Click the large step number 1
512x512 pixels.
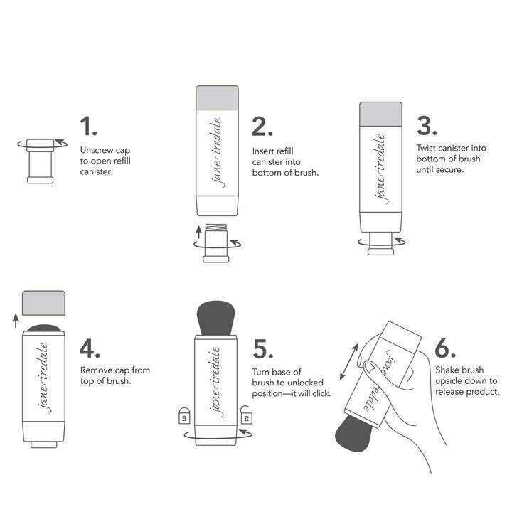[88, 127]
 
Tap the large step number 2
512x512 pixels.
[262, 127]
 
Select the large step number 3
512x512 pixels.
[426, 126]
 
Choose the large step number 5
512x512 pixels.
[264, 348]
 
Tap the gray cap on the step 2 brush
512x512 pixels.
[217, 97]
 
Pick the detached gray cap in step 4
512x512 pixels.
[44, 304]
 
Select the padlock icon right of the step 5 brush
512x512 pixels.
[247, 414]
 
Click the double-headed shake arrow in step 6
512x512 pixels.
[348, 362]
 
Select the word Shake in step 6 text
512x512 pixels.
[447, 371]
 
